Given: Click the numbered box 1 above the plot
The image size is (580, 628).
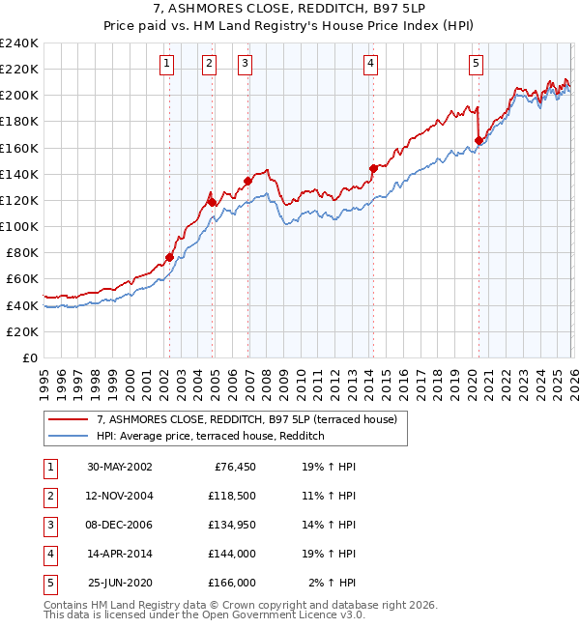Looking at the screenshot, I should pos(167,65).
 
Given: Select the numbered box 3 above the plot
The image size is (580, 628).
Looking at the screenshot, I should pos(246,65).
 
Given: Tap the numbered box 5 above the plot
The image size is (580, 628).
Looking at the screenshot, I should pos(477,65).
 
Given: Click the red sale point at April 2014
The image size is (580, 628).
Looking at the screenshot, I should pos(373,168).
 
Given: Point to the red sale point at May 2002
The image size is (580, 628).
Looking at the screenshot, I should pos(169,257).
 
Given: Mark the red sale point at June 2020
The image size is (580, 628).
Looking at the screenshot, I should pos(478,140).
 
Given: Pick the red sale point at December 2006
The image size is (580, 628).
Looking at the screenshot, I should pos(248,181).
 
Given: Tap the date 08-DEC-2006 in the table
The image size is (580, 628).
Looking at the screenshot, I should pos(120,525).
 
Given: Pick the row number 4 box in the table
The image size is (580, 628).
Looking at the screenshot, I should pos(49,554).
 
